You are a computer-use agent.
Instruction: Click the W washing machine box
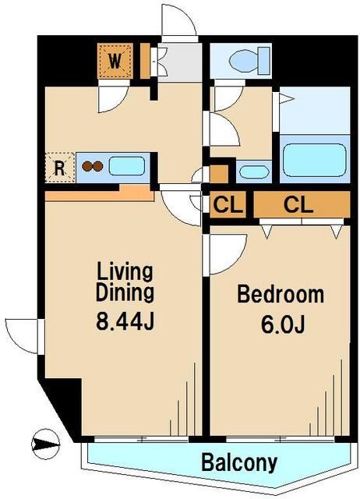[115, 61]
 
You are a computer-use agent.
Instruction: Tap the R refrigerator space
[60, 168]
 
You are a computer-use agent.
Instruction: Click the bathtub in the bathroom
[314, 159]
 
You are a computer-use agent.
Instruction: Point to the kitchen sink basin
[127, 166]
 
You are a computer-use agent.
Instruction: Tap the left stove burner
[86, 166]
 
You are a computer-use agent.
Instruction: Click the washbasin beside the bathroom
[254, 172]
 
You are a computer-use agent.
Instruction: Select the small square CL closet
[228, 204]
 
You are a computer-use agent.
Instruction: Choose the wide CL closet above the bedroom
[302, 204]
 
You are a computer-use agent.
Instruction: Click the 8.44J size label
[125, 321]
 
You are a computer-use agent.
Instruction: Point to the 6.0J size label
[283, 324]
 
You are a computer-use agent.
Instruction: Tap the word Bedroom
[281, 294]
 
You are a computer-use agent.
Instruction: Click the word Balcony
[239, 462]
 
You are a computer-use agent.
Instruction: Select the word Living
[125, 272]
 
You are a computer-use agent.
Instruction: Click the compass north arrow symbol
[45, 444]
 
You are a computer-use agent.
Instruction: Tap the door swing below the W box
[112, 97]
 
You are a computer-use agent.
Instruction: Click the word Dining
[125, 293]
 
